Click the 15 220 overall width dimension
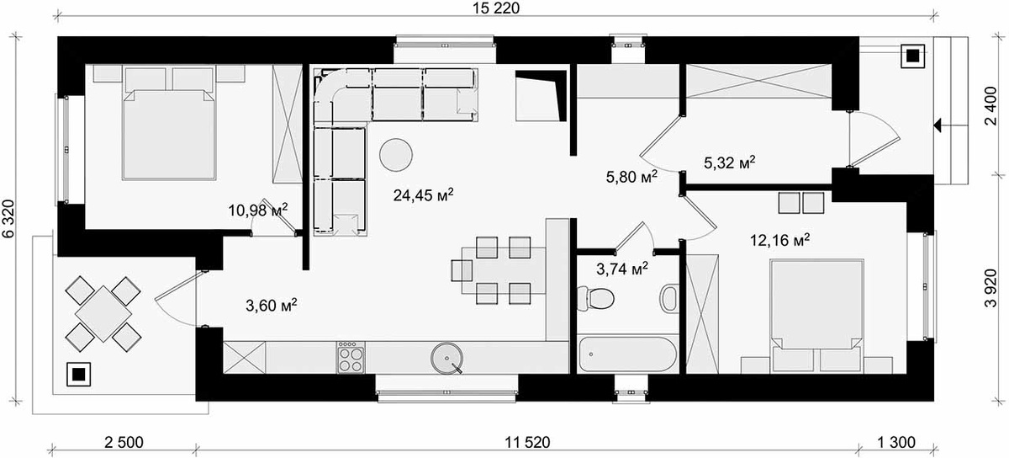click(496, 8)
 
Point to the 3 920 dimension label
click(991, 288)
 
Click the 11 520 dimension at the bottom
click(527, 443)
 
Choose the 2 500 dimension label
click(124, 443)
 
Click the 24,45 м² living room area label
click(423, 195)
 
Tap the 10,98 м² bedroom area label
click(258, 210)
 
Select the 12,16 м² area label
click(779, 240)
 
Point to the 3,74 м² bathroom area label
click(622, 269)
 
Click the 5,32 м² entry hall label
click(730, 162)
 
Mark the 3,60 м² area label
click(271, 306)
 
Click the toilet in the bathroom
click(595, 298)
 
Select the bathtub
click(627, 354)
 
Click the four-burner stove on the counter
click(351, 357)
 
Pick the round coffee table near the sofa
click(396, 155)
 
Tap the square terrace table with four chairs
click(103, 313)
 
